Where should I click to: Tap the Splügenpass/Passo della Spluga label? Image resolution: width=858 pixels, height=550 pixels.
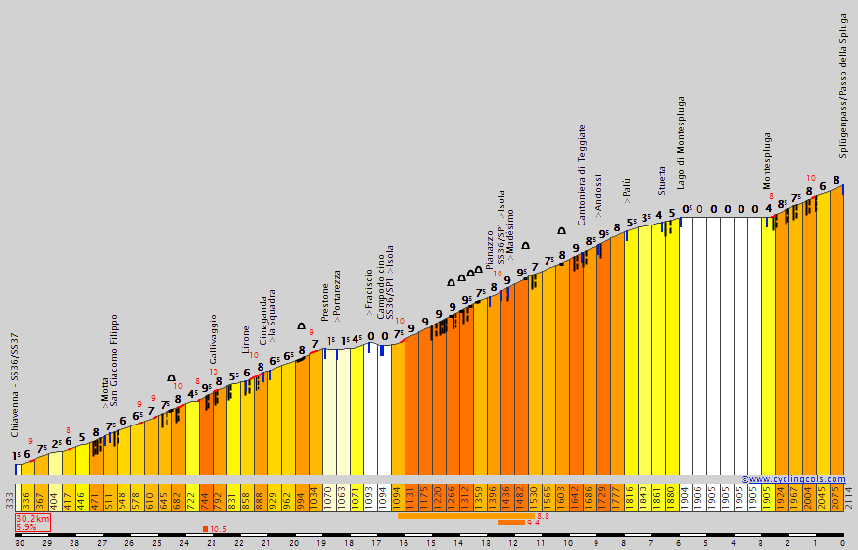click(844, 85)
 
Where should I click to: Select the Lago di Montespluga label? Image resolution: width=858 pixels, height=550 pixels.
click(681, 143)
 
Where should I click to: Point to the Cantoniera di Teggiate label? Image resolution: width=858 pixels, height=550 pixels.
click(582, 175)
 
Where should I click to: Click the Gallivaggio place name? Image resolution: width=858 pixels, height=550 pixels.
click(214, 339)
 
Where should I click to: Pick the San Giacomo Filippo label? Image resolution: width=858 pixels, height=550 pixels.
click(114, 360)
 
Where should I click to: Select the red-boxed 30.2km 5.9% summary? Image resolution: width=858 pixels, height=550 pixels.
click(32, 523)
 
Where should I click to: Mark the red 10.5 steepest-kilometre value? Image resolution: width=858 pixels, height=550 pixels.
click(218, 529)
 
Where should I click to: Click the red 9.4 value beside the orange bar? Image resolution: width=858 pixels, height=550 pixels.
click(534, 523)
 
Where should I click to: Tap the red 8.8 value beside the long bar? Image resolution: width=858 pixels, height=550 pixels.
click(543, 515)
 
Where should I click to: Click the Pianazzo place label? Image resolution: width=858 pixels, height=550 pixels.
click(490, 250)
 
